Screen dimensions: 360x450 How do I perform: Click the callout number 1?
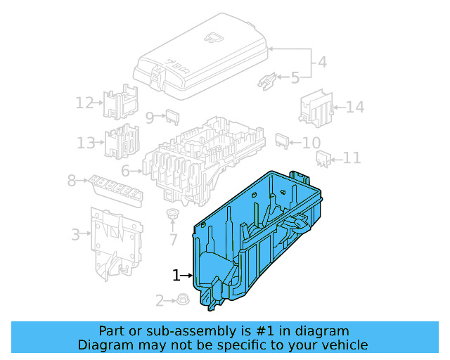pos(176,275)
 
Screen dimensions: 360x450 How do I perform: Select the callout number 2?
pos(160,301)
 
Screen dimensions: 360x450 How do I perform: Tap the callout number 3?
pos(76,234)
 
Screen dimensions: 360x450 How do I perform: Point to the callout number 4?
pos(321,62)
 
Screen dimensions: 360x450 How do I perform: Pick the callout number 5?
pos(295,77)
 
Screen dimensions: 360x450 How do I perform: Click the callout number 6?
pos(125,171)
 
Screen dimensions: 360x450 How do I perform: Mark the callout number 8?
pos(71,181)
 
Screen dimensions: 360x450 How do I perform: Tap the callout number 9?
pos(150,117)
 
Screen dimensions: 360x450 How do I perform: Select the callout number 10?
pos(311,143)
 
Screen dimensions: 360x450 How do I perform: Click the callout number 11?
pos(352,158)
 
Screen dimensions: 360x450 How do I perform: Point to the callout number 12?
pos(84,103)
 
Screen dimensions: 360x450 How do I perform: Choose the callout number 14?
pos(355,108)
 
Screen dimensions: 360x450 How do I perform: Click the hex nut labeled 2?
pos(181,300)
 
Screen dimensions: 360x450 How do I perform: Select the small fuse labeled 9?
pos(172,117)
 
